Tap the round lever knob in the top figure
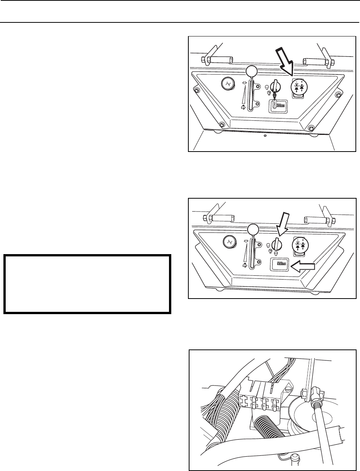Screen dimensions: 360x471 (x=251, y=71)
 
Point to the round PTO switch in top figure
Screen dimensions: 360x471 (x=298, y=87)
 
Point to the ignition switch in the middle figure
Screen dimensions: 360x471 (x=276, y=243)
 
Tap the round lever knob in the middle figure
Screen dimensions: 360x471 (x=252, y=229)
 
